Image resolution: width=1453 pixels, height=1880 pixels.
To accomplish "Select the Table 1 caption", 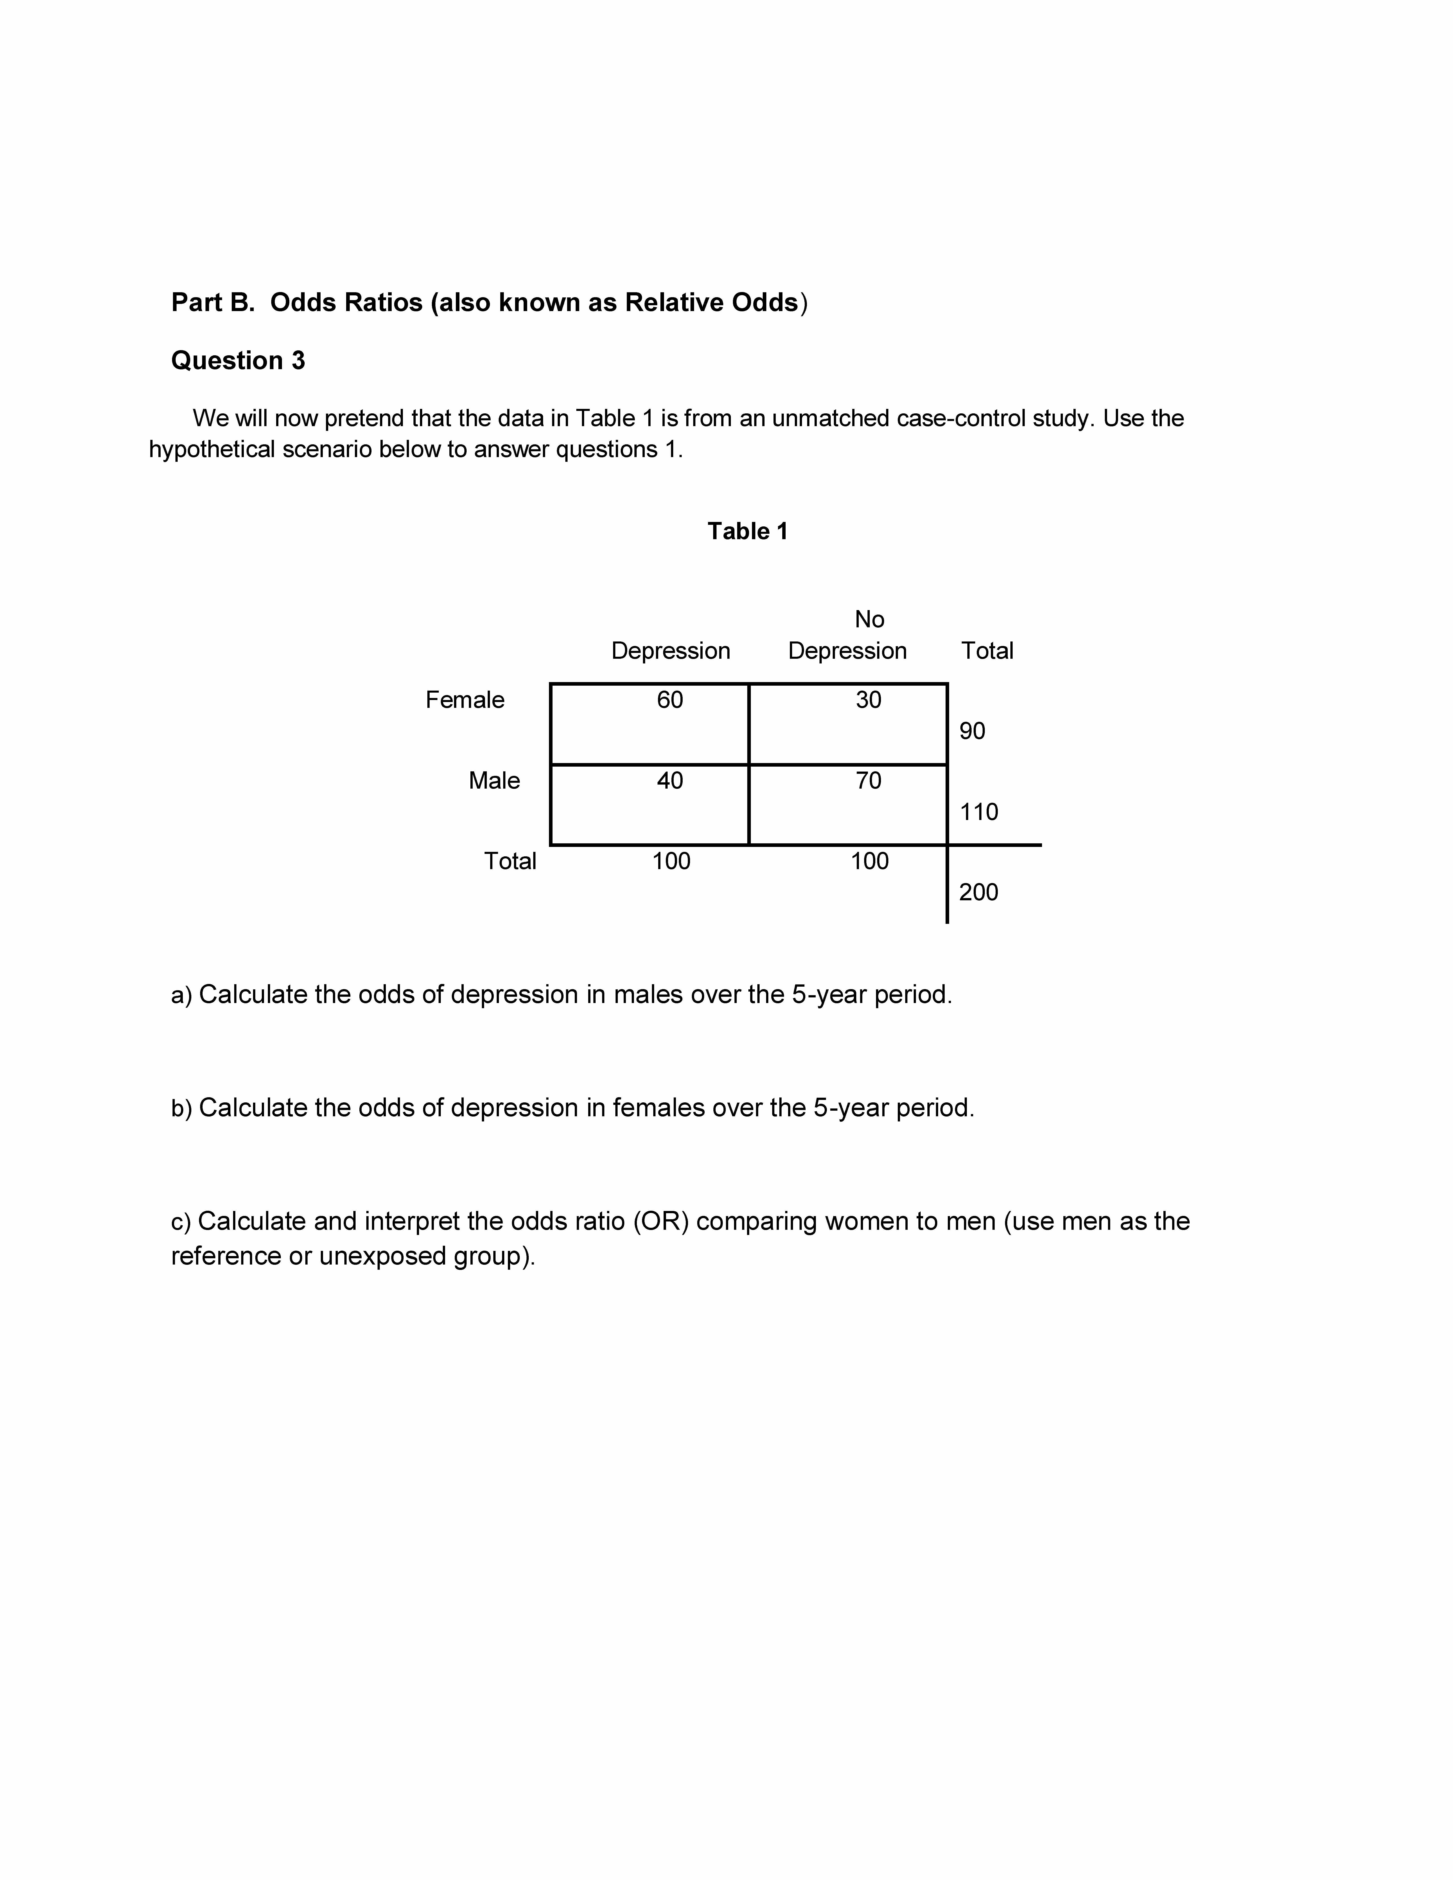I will point(747,531).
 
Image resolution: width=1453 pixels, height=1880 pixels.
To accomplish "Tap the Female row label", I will point(465,700).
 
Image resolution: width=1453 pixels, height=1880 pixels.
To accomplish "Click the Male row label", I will point(494,781).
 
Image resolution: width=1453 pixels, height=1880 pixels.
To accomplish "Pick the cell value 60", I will point(670,700).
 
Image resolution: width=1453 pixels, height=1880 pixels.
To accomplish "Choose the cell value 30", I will point(869,700).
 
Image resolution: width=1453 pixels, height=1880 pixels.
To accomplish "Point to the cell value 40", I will point(670,781).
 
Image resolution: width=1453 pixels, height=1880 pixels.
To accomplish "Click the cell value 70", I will point(869,781).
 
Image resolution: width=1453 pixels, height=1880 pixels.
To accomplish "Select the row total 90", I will point(972,731).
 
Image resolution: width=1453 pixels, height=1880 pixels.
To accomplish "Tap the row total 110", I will point(979,812).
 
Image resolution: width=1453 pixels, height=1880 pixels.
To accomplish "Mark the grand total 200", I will point(979,892).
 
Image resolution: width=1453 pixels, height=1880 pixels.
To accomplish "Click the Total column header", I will point(986,651).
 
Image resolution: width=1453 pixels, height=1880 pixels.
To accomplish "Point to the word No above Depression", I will point(869,620).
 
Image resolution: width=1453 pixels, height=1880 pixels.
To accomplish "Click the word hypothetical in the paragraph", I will point(212,449).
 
